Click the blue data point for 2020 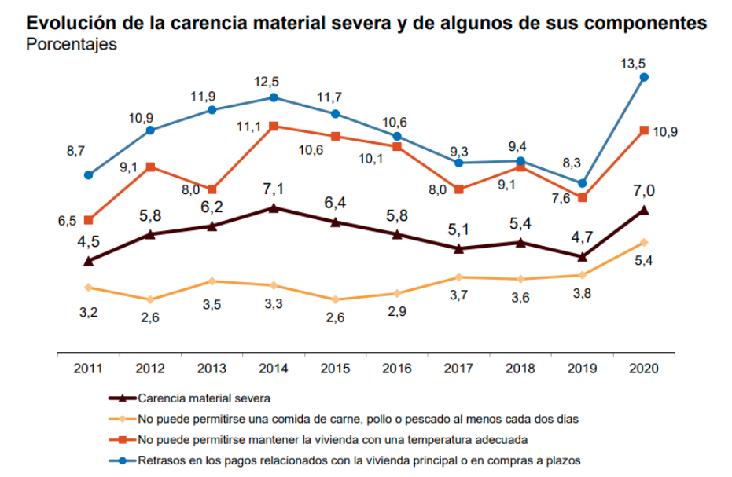[644, 77]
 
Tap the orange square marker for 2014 [274, 126]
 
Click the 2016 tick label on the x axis [397, 367]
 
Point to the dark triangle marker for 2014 [274, 208]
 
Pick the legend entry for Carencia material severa [204, 398]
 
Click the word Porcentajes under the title [72, 45]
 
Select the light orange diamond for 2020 [644, 242]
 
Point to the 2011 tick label [88, 367]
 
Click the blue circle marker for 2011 [89, 174]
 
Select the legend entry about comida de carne [358, 419]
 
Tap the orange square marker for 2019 [583, 197]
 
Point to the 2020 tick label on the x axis [644, 367]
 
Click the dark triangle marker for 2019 [583, 256]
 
